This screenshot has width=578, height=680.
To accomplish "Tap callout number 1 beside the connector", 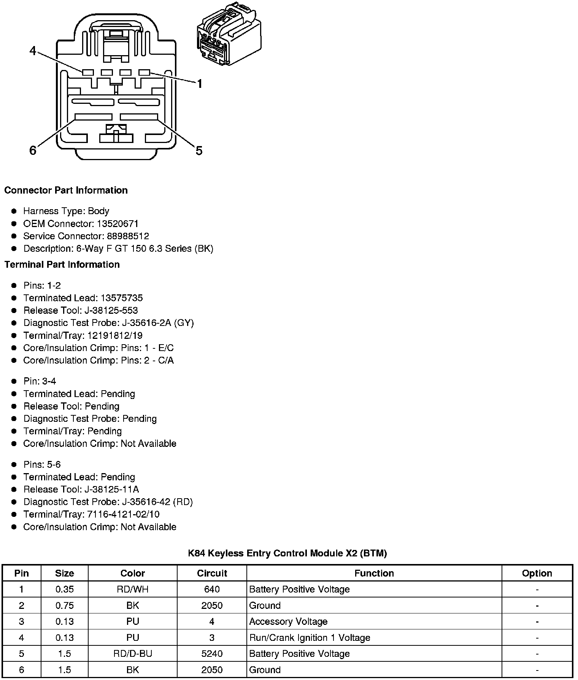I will tap(199, 84).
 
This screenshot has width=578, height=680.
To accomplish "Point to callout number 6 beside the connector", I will tap(33, 151).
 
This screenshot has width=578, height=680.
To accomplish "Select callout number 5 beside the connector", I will tap(199, 151).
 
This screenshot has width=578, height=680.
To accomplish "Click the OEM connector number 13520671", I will tap(118, 224).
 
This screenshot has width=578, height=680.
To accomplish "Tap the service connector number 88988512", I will tap(128, 236).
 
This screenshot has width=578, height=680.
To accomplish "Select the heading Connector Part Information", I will tap(66, 190).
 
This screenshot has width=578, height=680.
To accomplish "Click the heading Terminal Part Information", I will tap(62, 264).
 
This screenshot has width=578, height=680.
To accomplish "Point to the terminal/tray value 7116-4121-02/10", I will tap(123, 514).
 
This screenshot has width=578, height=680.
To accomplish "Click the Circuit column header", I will tap(212, 573).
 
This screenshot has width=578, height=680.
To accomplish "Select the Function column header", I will tap(374, 573).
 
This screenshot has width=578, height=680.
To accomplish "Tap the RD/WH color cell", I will tap(132, 589).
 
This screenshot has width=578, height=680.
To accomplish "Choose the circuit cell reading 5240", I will tap(212, 653).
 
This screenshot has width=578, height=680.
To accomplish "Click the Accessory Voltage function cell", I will tap(288, 621).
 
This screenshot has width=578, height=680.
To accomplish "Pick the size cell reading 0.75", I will tap(64, 605).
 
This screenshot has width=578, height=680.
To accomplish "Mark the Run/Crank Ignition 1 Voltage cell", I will tap(310, 637).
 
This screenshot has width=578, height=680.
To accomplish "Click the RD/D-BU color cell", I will tap(132, 653).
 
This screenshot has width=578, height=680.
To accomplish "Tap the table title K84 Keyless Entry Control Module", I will tap(287, 553).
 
